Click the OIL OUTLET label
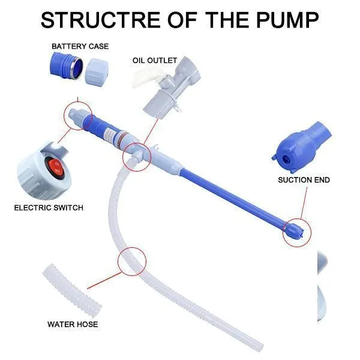pos(155,60)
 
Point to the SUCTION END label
pos(304,179)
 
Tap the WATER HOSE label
pos(73,325)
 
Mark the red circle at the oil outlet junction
pos(135,158)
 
